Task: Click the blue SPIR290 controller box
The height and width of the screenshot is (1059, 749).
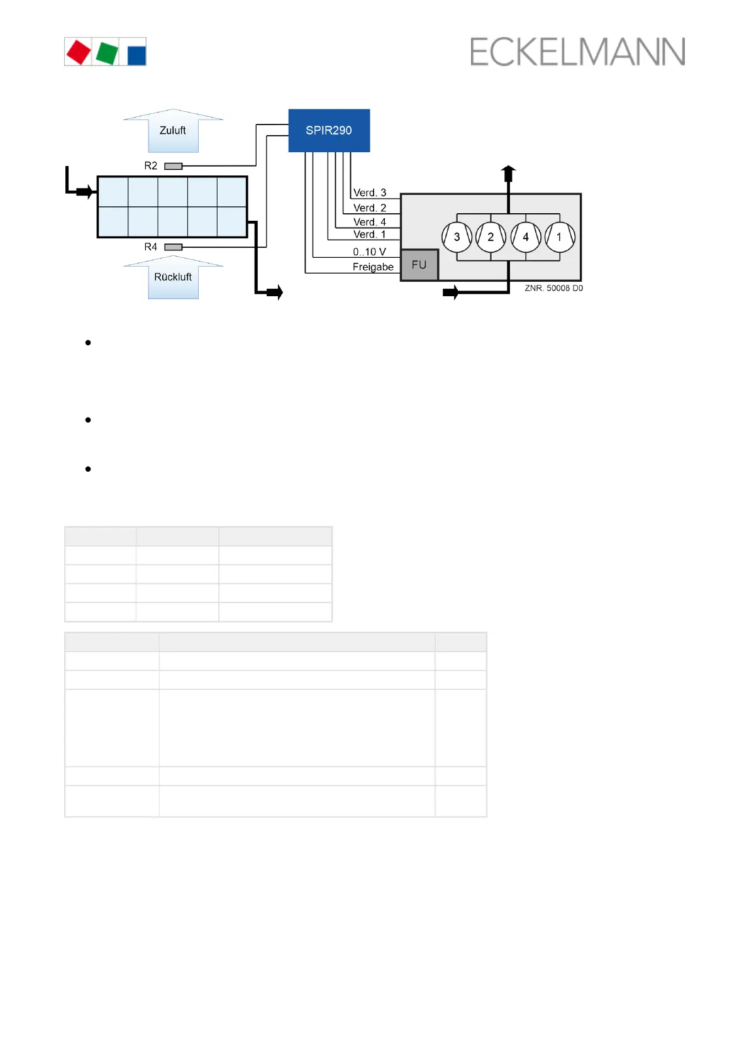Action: (329, 130)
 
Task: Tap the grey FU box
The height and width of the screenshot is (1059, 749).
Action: (419, 265)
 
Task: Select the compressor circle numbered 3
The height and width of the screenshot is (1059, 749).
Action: (457, 237)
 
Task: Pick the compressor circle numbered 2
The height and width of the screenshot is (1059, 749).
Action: (491, 237)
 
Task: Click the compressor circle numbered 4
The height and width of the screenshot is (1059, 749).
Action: (526, 237)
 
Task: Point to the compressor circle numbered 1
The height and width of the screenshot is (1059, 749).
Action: (559, 237)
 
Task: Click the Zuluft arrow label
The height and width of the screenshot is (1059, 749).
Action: (173, 130)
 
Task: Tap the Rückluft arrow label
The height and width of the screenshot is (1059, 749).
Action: (173, 277)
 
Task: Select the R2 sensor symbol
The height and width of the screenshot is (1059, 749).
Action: (173, 166)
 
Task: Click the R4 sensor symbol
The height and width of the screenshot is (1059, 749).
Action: (173, 247)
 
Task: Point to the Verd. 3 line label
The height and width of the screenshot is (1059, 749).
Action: (370, 192)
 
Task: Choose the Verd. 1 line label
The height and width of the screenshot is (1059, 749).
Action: (370, 234)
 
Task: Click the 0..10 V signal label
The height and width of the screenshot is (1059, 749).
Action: (369, 252)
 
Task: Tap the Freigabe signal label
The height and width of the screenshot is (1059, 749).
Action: (373, 267)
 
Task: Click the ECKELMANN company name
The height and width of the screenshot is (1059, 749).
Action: (577, 52)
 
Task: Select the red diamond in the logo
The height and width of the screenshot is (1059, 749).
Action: (79, 52)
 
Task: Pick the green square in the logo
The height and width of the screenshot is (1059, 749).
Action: (107, 53)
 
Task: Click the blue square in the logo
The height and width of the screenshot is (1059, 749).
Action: (136, 55)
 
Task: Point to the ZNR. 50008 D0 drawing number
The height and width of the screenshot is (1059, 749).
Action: (553, 288)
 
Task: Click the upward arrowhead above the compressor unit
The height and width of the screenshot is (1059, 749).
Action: (508, 170)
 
